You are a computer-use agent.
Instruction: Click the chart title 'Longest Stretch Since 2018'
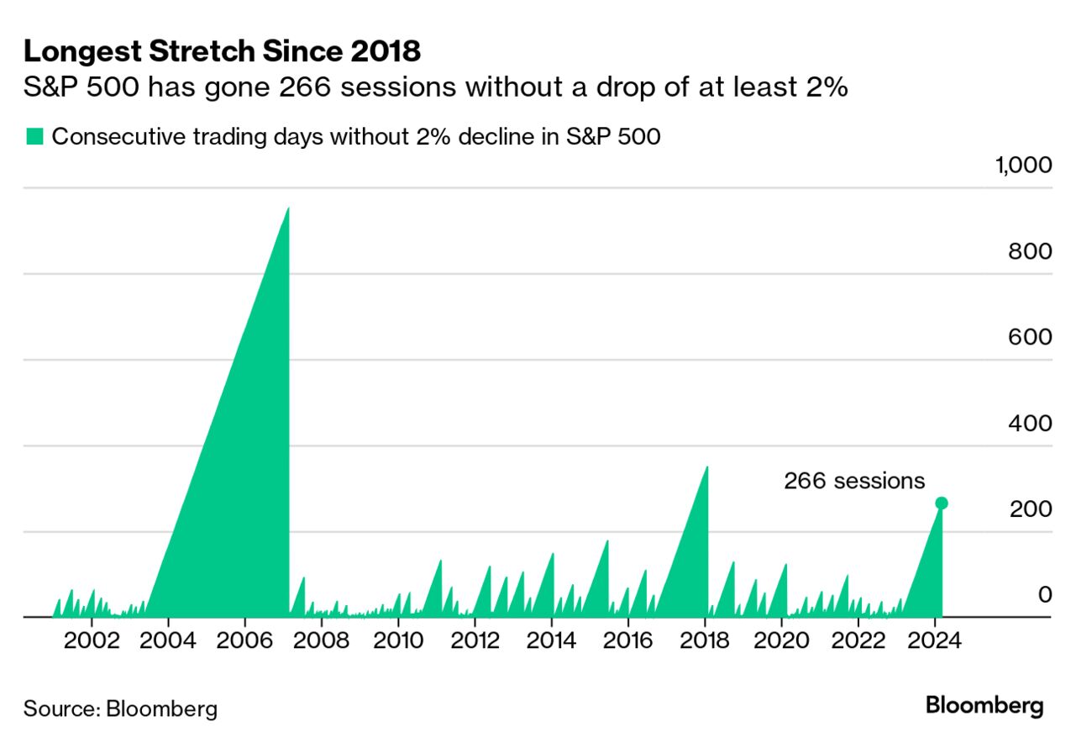[x=222, y=51]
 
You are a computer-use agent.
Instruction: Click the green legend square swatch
[x=34, y=137]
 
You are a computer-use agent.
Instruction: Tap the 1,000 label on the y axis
[x=1023, y=165]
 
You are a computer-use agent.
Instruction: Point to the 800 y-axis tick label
[x=1030, y=251]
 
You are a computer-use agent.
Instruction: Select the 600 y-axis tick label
[x=1030, y=337]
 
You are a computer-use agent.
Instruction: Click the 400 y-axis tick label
[x=1030, y=424]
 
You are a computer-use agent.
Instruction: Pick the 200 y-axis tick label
[x=1030, y=509]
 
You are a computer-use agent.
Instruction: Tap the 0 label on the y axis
[x=1045, y=595]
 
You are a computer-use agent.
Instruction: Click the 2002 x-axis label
[x=92, y=640]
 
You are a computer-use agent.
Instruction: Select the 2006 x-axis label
[x=244, y=640]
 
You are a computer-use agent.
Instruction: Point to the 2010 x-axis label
[x=398, y=640]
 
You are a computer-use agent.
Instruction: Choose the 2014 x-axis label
[x=552, y=640]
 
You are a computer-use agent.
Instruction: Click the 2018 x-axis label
[x=705, y=640]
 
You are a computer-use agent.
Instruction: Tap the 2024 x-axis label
[x=935, y=640]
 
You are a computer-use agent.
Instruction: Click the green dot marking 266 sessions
[x=942, y=503]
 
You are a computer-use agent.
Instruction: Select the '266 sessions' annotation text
[x=854, y=481]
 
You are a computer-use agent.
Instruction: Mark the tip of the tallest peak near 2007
[x=288, y=208]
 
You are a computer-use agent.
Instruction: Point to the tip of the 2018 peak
[x=706, y=467]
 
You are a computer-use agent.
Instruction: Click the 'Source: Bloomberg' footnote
[x=120, y=709]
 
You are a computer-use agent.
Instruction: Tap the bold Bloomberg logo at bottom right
[x=984, y=706]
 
